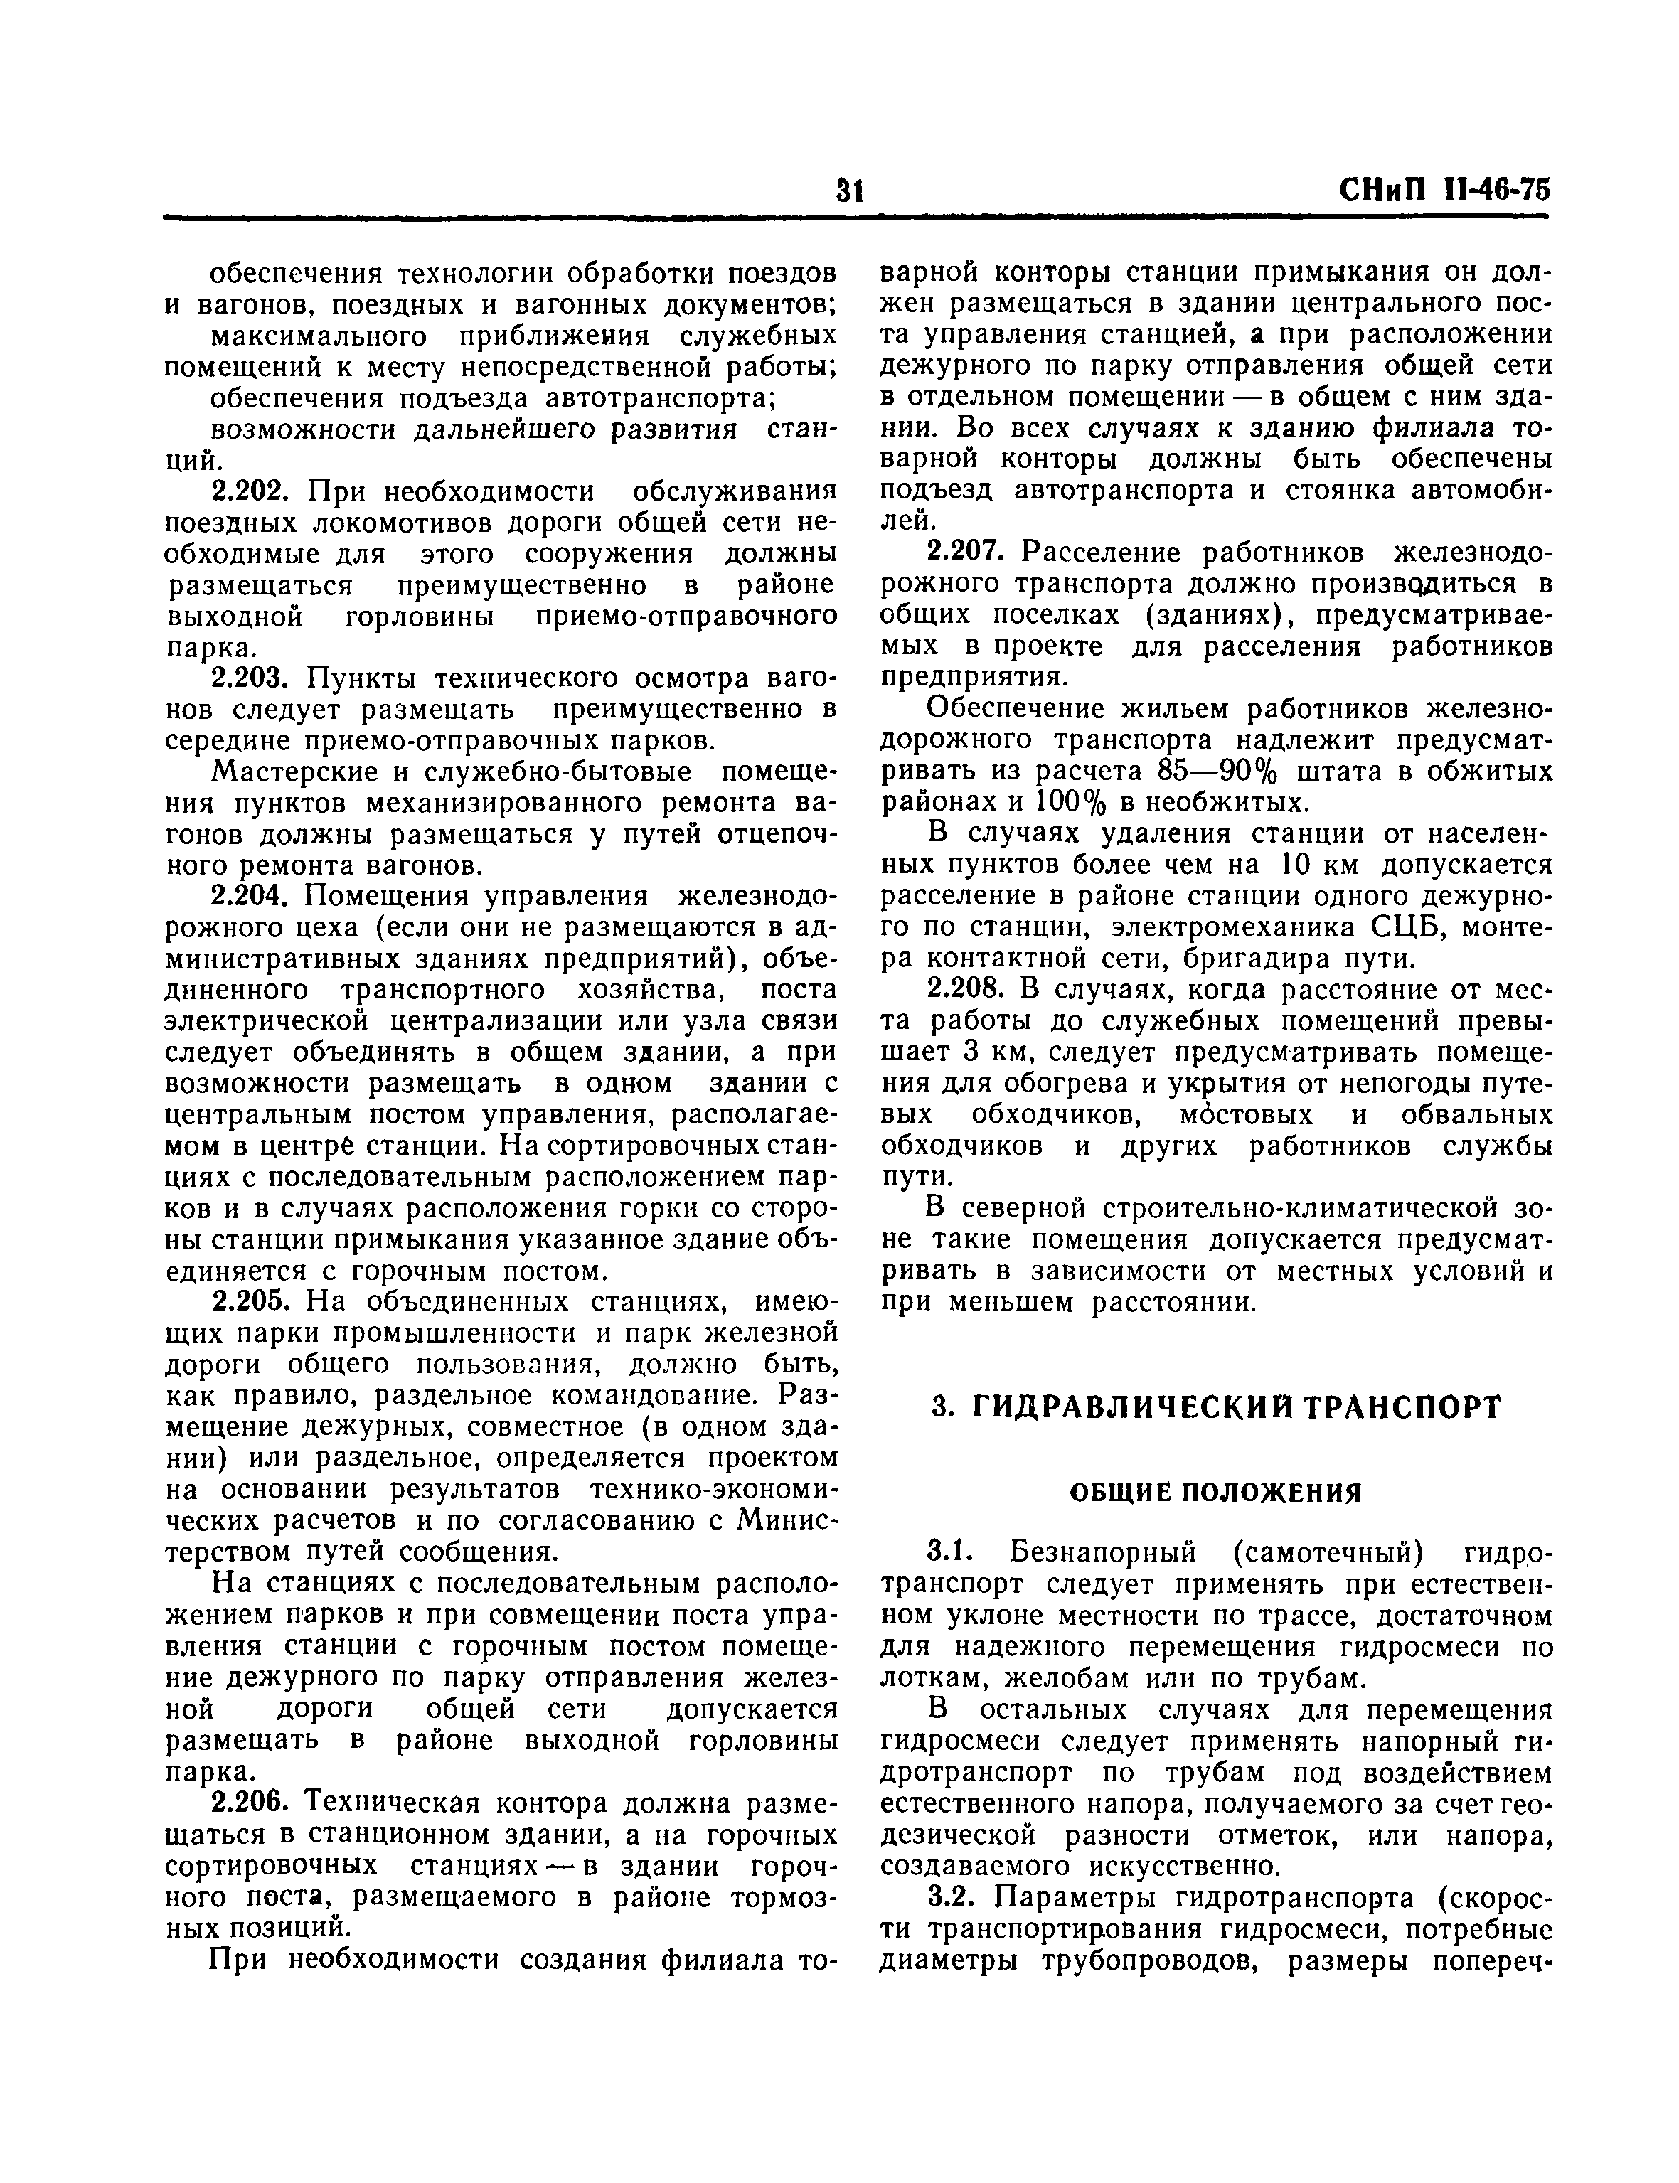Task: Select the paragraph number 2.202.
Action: click(253, 491)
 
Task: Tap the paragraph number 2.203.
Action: click(253, 678)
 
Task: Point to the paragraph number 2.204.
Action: click(253, 897)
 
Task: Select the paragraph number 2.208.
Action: click(971, 990)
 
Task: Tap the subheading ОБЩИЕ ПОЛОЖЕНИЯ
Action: click(1216, 1494)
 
